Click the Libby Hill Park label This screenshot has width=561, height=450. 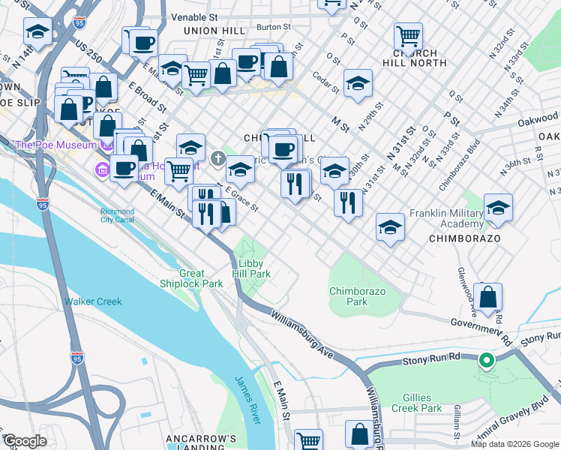254,268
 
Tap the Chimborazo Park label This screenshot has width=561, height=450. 348,296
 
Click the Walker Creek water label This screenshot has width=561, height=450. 93,301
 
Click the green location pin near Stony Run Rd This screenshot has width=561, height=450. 486,361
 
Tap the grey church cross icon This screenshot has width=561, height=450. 217,157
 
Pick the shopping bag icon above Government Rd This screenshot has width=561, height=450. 487,296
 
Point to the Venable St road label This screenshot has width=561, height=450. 193,16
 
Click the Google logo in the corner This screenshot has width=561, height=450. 25,441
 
